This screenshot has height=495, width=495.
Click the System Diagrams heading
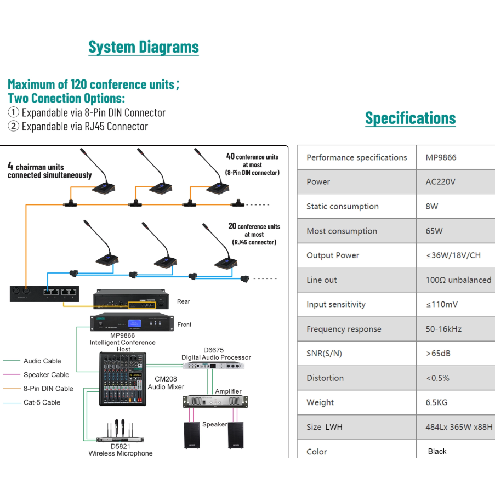tap(144, 47)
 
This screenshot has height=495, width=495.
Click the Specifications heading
tap(411, 118)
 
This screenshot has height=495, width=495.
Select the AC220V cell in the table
tap(440, 182)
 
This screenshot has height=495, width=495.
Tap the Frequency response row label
tap(344, 329)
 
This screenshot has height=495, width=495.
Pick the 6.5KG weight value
tap(436, 402)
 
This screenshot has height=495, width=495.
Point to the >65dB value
tap(438, 353)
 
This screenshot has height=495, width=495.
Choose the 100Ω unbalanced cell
tap(458, 280)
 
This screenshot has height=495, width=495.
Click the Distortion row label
tap(325, 378)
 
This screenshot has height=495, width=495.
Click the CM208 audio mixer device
tap(123, 379)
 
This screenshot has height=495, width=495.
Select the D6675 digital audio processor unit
tap(214, 366)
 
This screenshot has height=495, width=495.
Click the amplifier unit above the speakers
tap(215, 401)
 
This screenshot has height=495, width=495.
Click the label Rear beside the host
tap(184, 301)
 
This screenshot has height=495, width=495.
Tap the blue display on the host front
tap(134, 323)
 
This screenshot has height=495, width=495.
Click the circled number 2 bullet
tap(13, 126)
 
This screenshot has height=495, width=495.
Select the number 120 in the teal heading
tap(78, 84)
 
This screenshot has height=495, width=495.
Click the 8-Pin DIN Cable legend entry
tap(38, 389)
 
